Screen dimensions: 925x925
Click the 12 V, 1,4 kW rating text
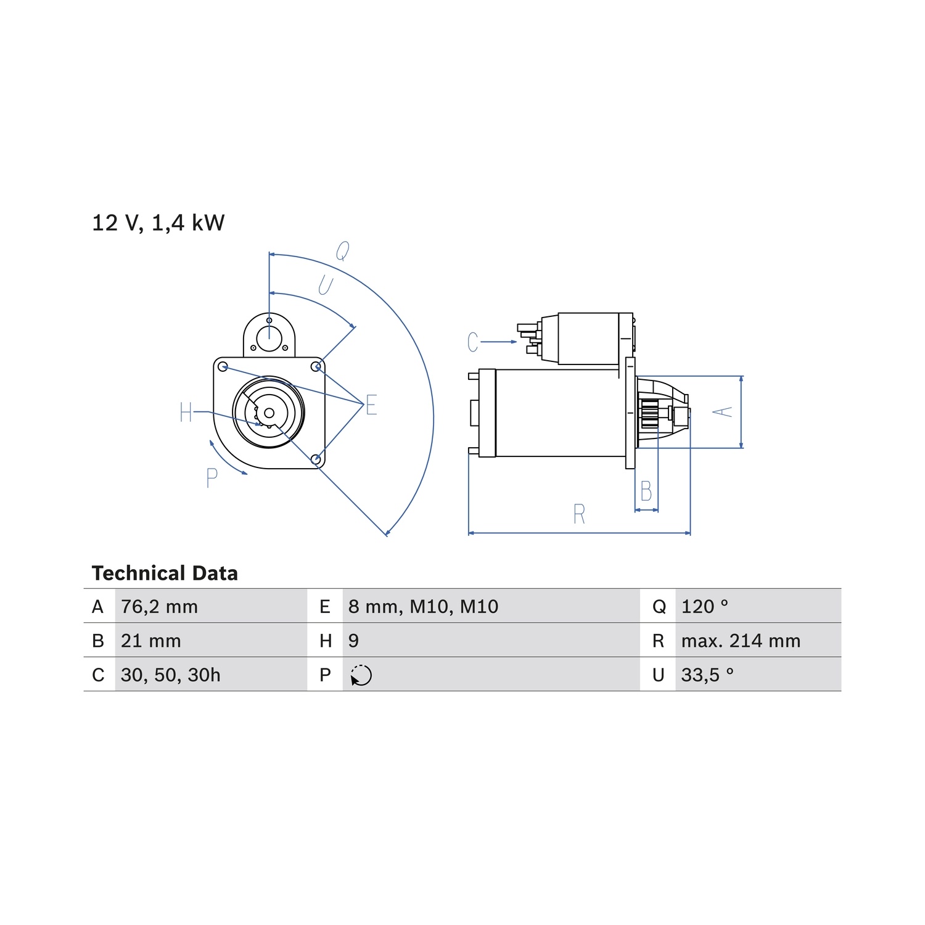tap(158, 223)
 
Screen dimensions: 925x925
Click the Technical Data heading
tap(165, 573)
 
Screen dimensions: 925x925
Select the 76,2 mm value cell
tap(159, 607)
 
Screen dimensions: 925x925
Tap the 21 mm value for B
tap(150, 641)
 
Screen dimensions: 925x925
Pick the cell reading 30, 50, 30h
tap(170, 675)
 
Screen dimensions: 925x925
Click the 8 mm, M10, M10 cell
tap(423, 607)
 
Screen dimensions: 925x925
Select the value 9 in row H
tap(353, 641)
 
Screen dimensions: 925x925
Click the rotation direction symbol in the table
tap(361, 675)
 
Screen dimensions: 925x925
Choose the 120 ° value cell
tap(705, 607)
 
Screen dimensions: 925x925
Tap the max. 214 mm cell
tap(741, 641)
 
